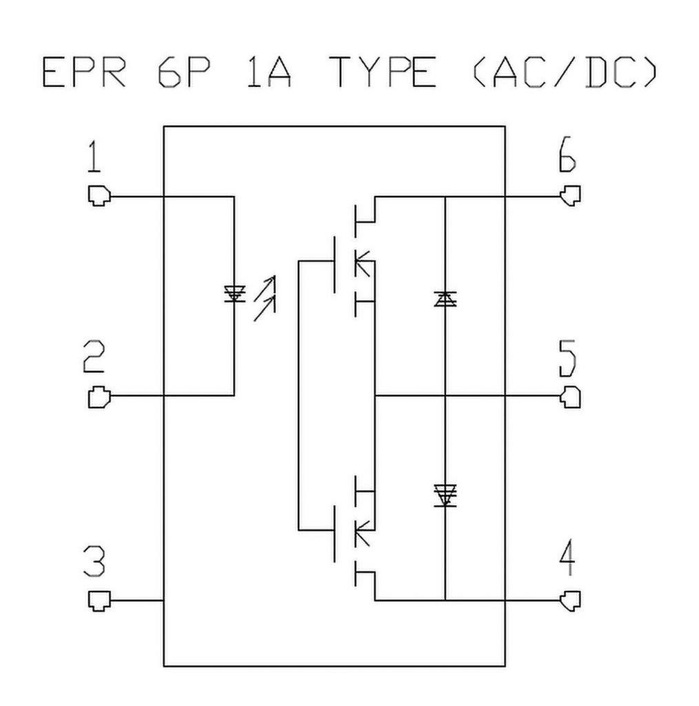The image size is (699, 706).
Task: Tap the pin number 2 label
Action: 94,359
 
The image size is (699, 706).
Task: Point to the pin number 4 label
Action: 567,561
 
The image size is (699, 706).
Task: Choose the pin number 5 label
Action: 567,359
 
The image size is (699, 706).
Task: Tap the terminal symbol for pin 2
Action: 99,396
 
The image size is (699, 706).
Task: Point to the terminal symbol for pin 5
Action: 571,396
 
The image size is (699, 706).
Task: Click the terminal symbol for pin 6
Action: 571,196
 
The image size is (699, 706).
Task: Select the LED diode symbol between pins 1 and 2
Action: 234,295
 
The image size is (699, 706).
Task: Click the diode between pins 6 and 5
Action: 445,299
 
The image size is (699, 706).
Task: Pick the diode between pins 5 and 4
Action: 445,494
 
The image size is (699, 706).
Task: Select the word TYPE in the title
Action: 383,72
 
